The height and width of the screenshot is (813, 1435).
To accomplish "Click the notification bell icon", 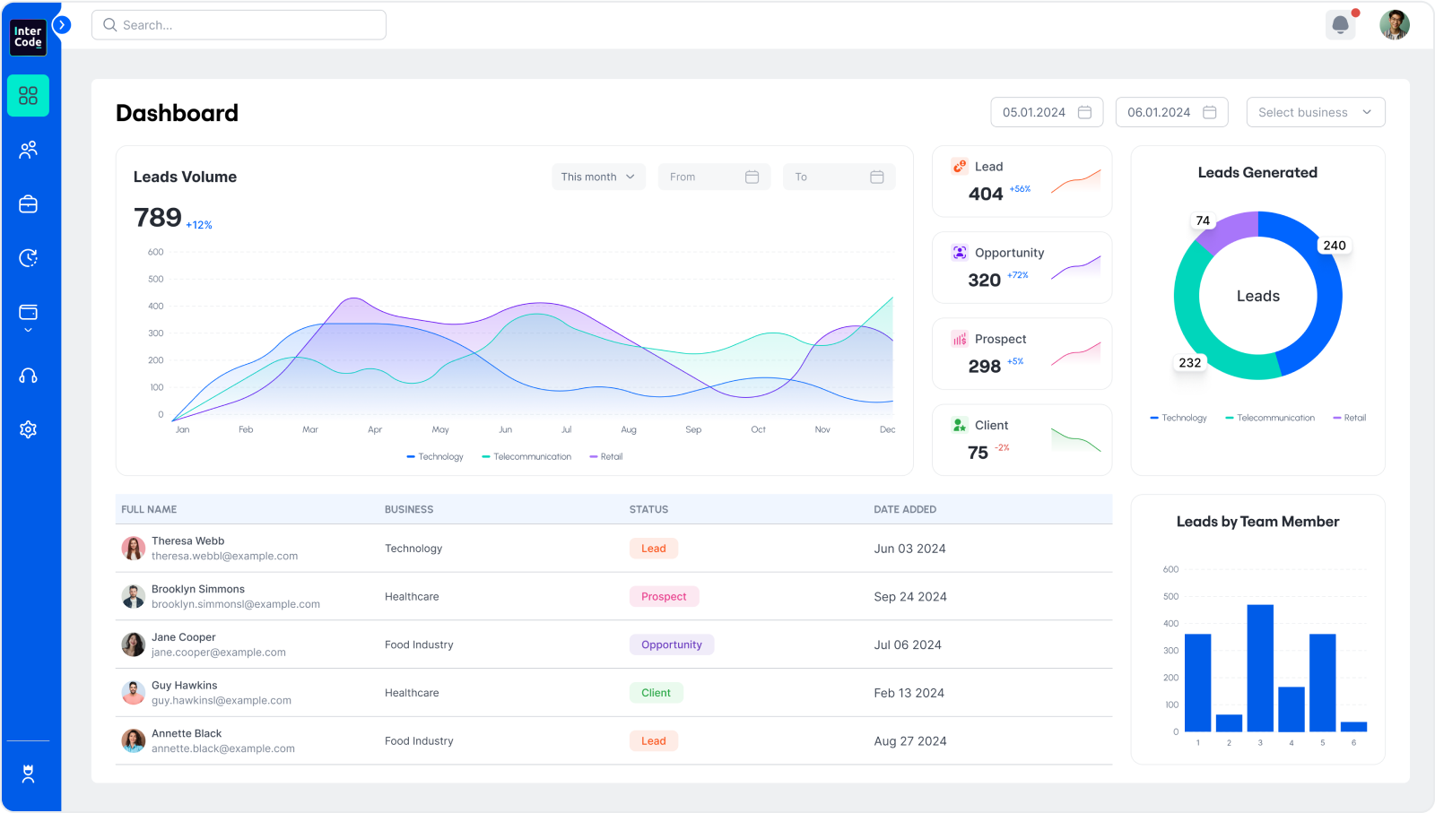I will [1340, 25].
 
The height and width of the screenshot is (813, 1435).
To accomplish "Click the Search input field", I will [239, 25].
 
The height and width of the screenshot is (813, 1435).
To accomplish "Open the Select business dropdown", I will [1315, 112].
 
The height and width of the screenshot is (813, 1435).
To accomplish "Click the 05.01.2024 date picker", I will [1047, 112].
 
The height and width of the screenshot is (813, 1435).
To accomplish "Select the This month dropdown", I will [598, 177].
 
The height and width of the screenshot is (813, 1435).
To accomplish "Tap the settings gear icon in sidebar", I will [28, 429].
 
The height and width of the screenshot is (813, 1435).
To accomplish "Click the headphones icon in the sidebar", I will [28, 376].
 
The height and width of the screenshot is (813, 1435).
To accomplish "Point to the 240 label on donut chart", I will [1334, 246].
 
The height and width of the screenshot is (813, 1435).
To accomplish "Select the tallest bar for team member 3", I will [1260, 668].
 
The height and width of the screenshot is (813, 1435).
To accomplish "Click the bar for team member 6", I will [1353, 726].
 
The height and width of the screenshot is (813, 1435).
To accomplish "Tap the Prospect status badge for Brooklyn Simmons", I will [664, 597].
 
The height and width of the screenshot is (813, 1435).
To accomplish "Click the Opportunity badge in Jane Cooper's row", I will [671, 644].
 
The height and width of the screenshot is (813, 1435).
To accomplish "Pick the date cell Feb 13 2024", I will [909, 693].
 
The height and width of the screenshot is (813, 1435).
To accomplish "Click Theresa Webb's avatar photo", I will [133, 548].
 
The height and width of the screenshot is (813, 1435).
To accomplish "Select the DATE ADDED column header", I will [904, 509].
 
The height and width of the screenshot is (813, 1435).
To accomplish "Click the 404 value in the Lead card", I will [985, 194].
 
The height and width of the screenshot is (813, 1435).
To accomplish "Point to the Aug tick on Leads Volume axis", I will [629, 429].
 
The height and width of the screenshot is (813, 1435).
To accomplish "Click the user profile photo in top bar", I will [1394, 25].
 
